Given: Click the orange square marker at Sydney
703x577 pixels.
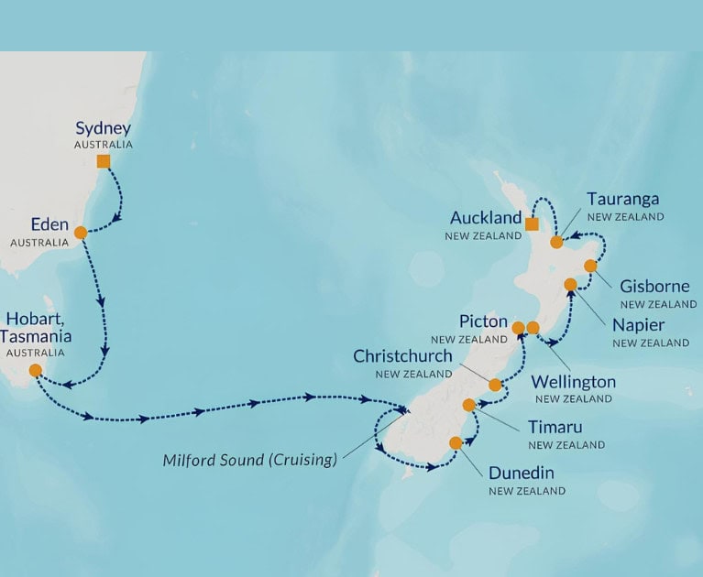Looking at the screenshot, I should click(104, 161).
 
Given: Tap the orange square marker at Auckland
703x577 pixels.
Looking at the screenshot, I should click(532, 223).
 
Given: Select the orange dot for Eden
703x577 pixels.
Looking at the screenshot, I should click(81, 232).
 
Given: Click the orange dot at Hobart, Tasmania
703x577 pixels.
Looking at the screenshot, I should click(35, 370).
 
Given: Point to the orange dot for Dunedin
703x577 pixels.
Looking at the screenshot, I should click(456, 442).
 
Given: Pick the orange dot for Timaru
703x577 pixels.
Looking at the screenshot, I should click(469, 405).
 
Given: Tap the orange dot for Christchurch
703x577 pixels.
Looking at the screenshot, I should click(495, 385).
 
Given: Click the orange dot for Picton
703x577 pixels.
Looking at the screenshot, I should click(518, 327).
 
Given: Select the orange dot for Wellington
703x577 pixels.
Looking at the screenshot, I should click(533, 327).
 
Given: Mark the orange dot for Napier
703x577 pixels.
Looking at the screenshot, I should click(571, 284).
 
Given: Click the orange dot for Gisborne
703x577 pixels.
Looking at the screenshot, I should click(590, 266).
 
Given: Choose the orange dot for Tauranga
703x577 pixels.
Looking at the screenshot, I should click(556, 242).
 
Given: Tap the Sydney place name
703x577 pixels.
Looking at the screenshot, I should click(103, 128).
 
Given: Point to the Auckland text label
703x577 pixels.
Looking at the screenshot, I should click(485, 219).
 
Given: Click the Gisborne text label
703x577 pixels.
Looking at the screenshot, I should click(654, 287).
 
